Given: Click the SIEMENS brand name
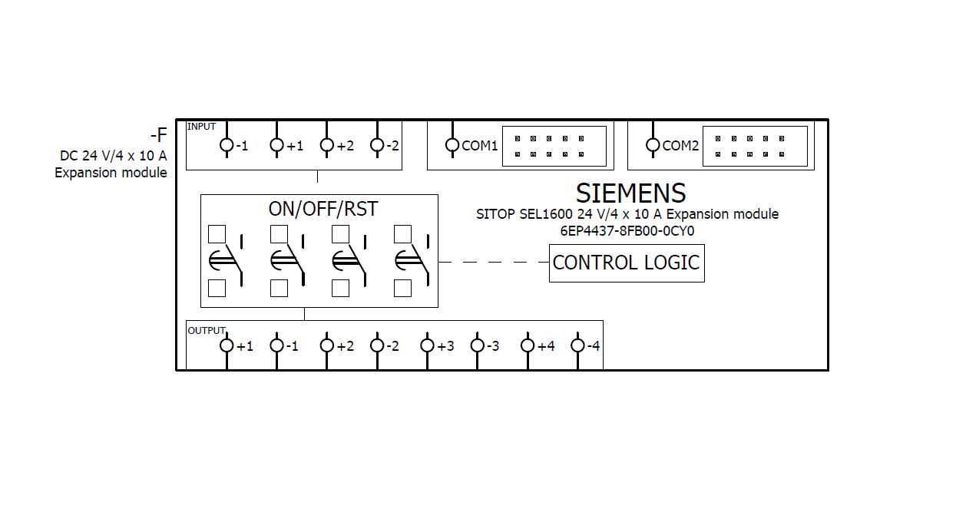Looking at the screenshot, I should click(x=630, y=193).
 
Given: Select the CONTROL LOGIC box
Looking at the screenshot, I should click(x=627, y=263).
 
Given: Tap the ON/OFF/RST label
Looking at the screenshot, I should click(x=323, y=209).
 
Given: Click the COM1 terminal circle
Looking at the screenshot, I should click(x=452, y=144).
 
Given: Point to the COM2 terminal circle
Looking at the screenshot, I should click(x=653, y=144).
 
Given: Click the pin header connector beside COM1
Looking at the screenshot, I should click(x=554, y=146).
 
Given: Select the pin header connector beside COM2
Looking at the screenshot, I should click(x=756, y=146).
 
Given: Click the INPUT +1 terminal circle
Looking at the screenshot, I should click(x=277, y=144).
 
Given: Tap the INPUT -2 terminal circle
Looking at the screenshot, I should click(x=377, y=144).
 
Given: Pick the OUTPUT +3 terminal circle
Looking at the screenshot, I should click(x=428, y=345).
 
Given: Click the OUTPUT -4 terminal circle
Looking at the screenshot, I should click(x=577, y=345).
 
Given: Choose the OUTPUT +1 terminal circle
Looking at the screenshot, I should click(x=227, y=345).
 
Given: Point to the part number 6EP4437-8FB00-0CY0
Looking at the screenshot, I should click(x=627, y=230).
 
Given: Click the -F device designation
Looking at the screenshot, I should click(x=158, y=136).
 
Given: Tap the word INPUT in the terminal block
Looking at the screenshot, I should click(x=202, y=127).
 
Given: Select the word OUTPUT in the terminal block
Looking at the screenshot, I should click(x=207, y=330).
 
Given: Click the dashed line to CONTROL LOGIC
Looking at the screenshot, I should click(x=493, y=263).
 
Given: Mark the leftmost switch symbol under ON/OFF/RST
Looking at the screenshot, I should click(x=226, y=261).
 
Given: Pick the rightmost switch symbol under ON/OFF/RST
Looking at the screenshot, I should click(x=412, y=261).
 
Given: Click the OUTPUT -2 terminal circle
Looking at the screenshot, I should click(x=377, y=345).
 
